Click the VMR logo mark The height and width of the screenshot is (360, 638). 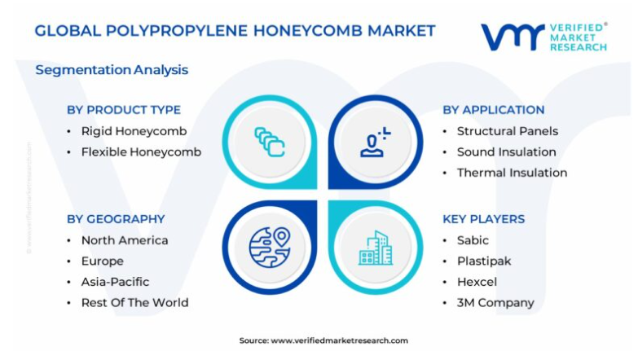tap(513, 37)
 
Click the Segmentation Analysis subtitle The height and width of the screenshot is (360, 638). tap(112, 70)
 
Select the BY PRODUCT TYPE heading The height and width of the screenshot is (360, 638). tap(124, 110)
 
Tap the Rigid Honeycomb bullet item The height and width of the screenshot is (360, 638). tap(134, 131)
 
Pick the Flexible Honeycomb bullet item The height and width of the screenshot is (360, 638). tap(141, 152)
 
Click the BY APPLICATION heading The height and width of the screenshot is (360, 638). tap(494, 110)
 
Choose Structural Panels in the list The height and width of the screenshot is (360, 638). tap(508, 131)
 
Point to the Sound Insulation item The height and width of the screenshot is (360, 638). tap(506, 152)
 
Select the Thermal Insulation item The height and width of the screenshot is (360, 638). tap(512, 173)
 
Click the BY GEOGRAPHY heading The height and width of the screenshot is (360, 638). tap(116, 219)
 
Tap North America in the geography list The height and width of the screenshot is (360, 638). tap(125, 240)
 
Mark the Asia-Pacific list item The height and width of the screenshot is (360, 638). tap(115, 282)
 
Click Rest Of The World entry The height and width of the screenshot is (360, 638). tap(134, 303)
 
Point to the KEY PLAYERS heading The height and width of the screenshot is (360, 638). tap(484, 219)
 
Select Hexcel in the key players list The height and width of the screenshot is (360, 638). tap(477, 282)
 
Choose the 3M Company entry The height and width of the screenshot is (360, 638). tap(495, 303)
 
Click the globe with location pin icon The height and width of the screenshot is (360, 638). tap(270, 248)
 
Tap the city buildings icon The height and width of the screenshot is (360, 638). tap(376, 248)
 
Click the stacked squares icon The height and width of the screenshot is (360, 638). tap(270, 142)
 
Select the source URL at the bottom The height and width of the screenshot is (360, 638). tap(339, 341)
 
